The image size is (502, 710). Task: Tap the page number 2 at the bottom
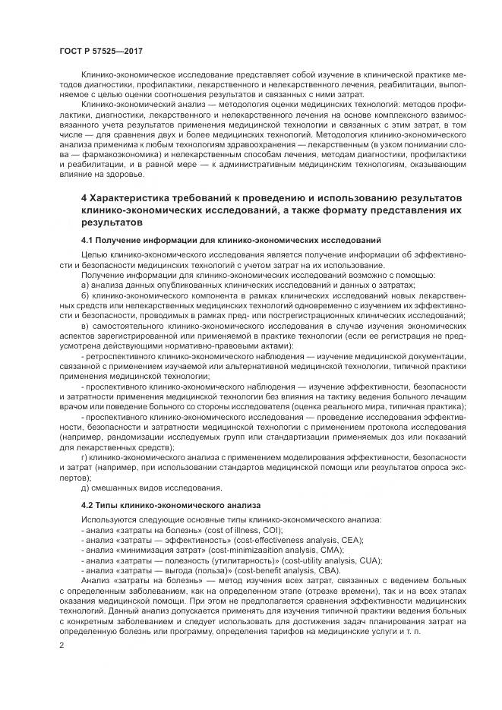tap(61, 645)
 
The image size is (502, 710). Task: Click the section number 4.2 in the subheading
tap(89, 504)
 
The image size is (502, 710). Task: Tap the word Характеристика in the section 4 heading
tap(134, 198)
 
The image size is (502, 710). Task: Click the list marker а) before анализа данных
tap(85, 283)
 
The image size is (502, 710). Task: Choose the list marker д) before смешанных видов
tap(86, 488)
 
